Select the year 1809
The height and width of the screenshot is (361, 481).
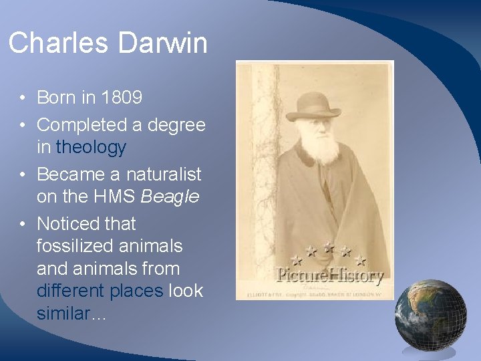point(122,98)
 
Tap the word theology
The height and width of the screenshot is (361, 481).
point(91,147)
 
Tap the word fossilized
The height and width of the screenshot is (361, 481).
point(76,246)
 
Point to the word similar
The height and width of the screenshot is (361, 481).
point(63,314)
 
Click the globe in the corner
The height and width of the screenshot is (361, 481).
point(430,315)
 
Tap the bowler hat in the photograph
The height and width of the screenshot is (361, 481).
point(313,107)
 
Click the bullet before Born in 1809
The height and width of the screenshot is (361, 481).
point(22,98)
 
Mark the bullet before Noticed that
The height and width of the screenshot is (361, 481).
point(22,224)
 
